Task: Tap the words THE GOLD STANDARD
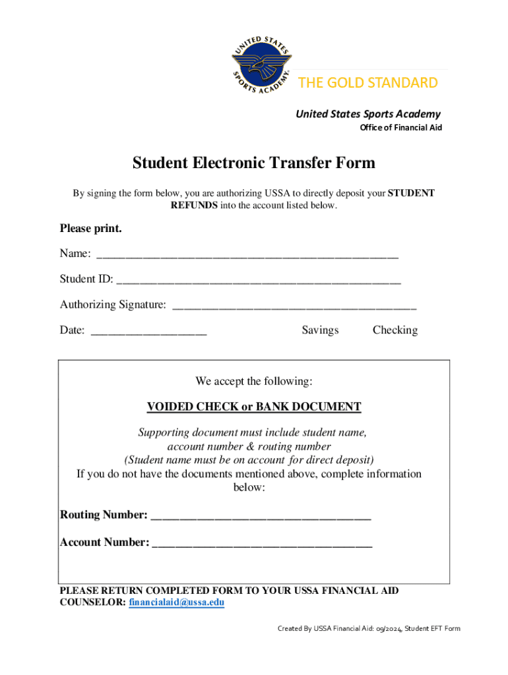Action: point(367,82)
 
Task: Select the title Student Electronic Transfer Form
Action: point(253,162)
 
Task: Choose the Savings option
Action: point(320,330)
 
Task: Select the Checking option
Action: point(395,330)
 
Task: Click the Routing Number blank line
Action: point(261,515)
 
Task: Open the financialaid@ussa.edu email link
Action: point(177,603)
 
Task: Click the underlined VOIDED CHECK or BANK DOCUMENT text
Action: point(253,407)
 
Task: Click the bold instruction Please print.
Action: point(91,229)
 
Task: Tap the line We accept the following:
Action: point(253,382)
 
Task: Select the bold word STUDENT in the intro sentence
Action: point(411,193)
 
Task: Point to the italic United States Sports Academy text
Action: point(367,114)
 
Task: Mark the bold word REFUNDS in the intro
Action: point(194,206)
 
